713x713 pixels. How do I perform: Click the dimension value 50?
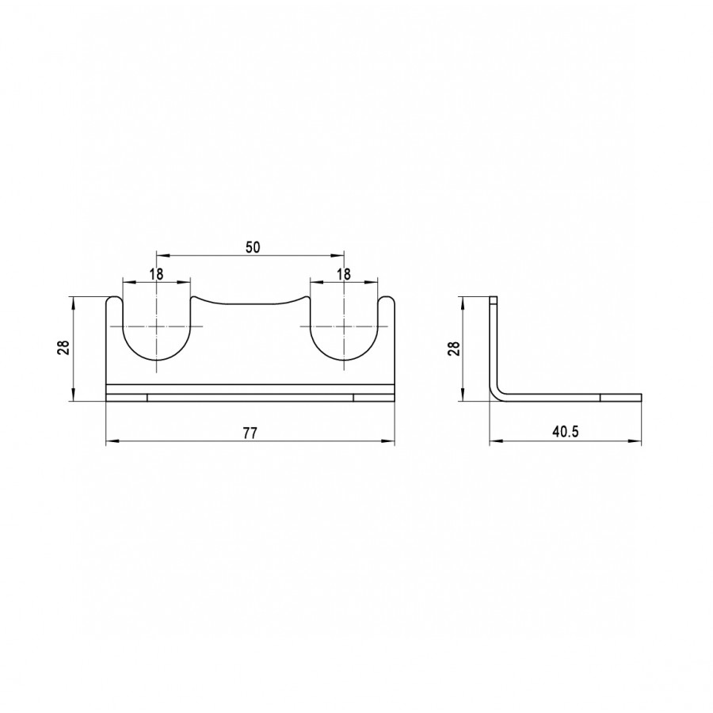tap(253, 247)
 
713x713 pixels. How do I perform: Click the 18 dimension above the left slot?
tap(156, 274)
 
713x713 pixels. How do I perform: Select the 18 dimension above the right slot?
tap(345, 274)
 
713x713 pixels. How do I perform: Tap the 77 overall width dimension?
tap(250, 433)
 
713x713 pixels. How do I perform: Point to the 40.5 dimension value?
tap(566, 432)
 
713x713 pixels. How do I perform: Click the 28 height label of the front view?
tap(65, 348)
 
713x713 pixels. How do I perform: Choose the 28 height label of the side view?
tap(454, 348)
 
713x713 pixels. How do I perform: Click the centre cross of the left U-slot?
tap(156, 326)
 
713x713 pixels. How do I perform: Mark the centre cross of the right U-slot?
tap(345, 326)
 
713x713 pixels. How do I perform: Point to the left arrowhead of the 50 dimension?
tap(162, 256)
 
